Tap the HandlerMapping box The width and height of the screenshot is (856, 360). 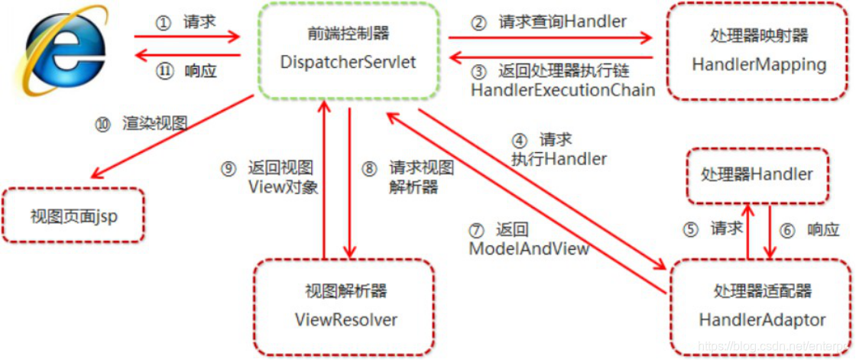tap(758, 51)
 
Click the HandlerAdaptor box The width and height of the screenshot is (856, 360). tap(761, 305)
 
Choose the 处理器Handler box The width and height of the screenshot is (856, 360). tap(756, 175)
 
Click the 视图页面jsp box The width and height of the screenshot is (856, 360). tap(74, 216)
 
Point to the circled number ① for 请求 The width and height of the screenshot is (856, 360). tap(161, 23)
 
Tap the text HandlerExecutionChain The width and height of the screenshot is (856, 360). tap(563, 90)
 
